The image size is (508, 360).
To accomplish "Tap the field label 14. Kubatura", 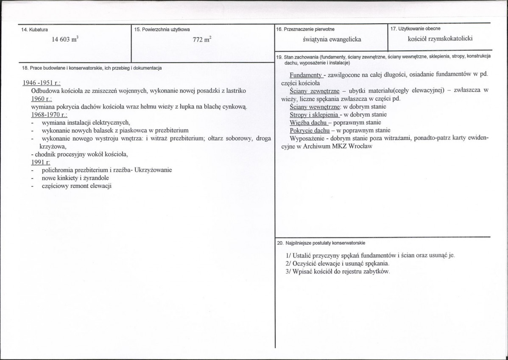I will [x=34, y=30].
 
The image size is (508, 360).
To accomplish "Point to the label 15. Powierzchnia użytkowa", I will [x=162, y=30].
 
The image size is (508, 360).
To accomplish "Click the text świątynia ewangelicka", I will [x=332, y=39].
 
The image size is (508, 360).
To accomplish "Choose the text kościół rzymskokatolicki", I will [x=440, y=39].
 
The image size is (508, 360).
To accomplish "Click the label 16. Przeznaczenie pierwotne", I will [x=305, y=29].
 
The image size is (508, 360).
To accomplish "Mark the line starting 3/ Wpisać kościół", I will [x=338, y=271].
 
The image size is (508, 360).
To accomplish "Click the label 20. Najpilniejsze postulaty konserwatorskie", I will [x=321, y=243].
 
